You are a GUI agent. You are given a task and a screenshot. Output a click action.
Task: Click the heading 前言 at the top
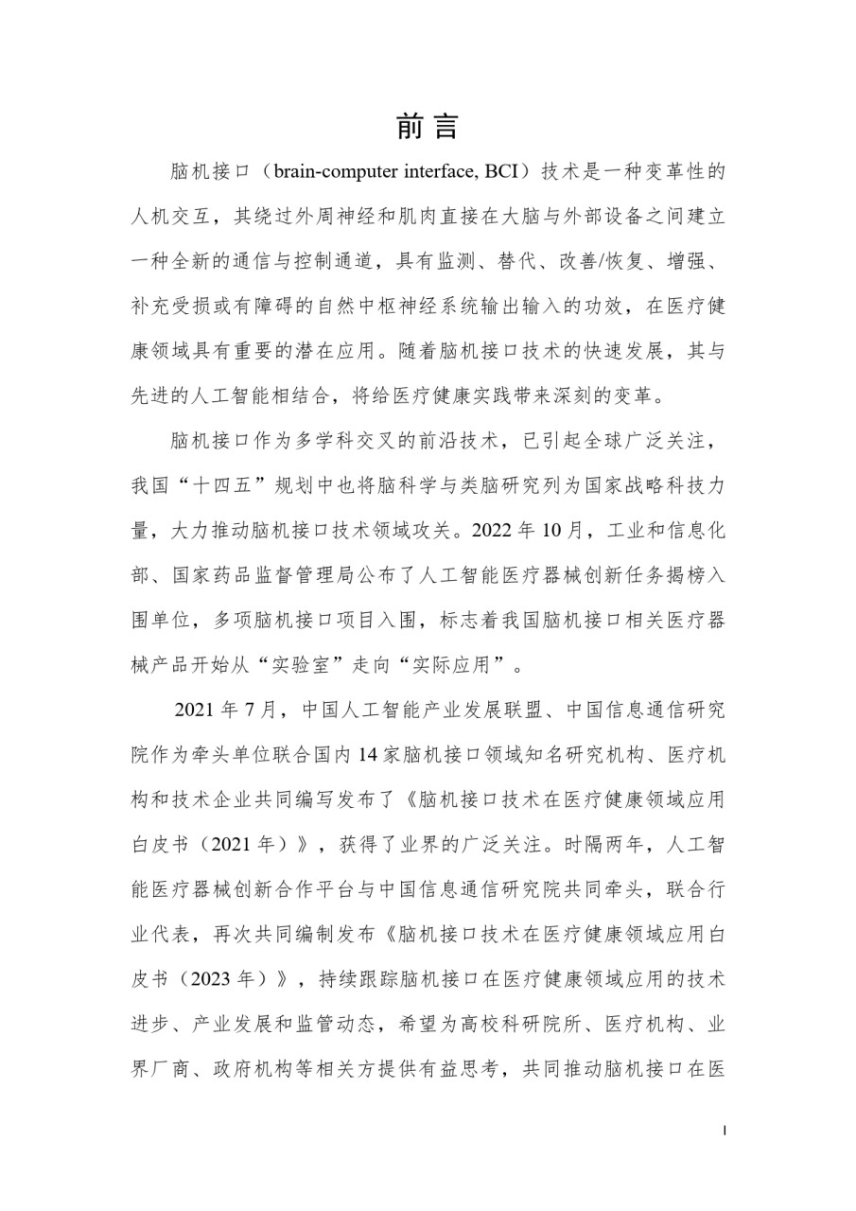[x=428, y=127]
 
